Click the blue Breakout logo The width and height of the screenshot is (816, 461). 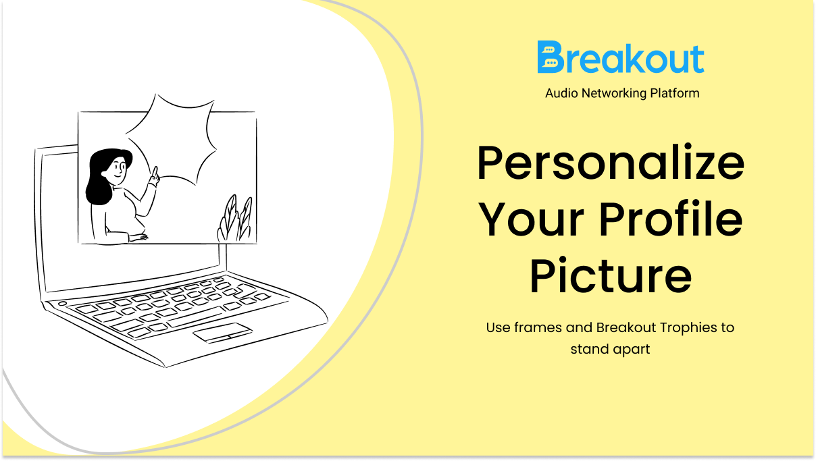pyautogui.click(x=620, y=57)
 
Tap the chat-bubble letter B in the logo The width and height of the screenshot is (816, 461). pyautogui.click(x=551, y=57)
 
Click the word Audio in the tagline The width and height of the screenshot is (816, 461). pyautogui.click(x=561, y=93)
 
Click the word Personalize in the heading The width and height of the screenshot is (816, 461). pyautogui.click(x=611, y=163)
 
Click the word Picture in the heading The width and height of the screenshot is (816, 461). pyautogui.click(x=611, y=275)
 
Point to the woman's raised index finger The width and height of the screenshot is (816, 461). pyautogui.click(x=155, y=171)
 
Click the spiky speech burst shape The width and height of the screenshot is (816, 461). pyautogui.click(x=171, y=139)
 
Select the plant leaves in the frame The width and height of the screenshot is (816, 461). pyautogui.click(x=235, y=219)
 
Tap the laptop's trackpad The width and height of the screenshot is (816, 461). pyautogui.click(x=223, y=333)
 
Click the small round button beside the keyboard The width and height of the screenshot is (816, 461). pyautogui.click(x=62, y=303)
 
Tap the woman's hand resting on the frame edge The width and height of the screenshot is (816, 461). pyautogui.click(x=138, y=238)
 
